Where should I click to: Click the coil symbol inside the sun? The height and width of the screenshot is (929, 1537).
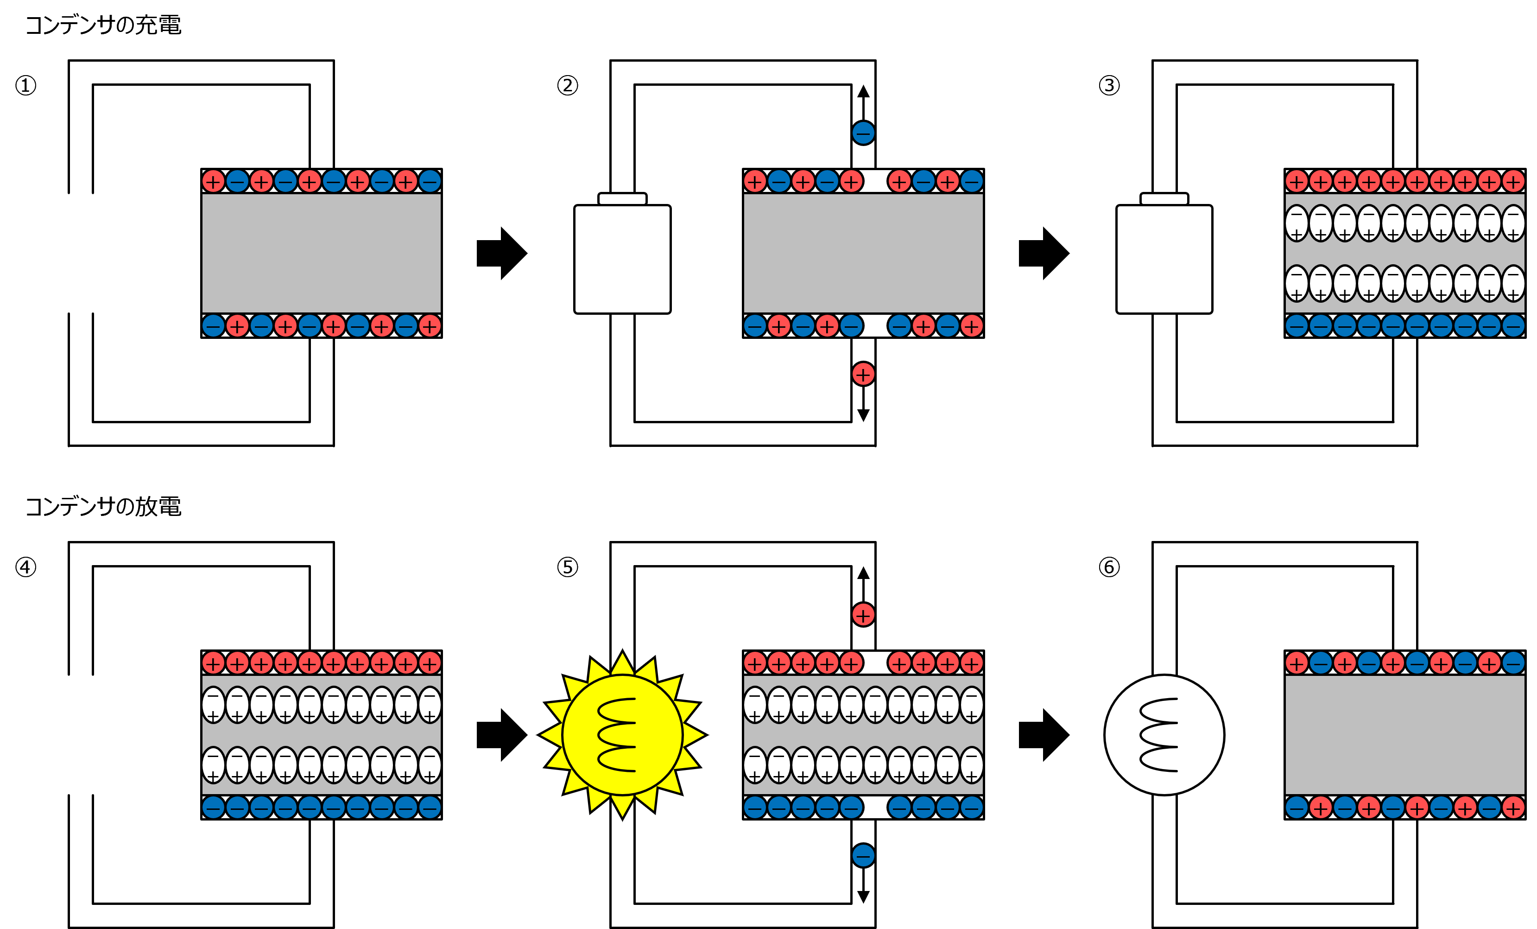[618, 735]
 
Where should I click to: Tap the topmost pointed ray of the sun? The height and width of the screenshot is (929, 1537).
[622, 662]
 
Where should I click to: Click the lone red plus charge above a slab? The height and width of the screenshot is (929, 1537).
[863, 615]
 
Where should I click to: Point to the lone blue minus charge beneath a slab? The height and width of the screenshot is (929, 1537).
[863, 855]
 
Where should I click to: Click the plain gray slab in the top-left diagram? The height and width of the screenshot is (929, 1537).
[321, 253]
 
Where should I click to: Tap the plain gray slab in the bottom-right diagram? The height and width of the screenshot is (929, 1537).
[1405, 735]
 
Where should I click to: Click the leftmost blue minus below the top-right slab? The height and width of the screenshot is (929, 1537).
[1297, 326]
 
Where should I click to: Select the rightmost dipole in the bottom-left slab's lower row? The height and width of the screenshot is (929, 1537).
[430, 765]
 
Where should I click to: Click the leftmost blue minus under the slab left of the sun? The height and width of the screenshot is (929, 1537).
[213, 808]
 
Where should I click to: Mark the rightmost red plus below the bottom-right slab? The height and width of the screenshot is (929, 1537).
[1513, 808]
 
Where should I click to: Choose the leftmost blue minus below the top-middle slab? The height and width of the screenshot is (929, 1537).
[755, 326]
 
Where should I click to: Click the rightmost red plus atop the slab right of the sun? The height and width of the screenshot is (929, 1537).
[972, 662]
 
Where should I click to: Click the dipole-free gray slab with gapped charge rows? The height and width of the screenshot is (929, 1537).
[863, 253]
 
